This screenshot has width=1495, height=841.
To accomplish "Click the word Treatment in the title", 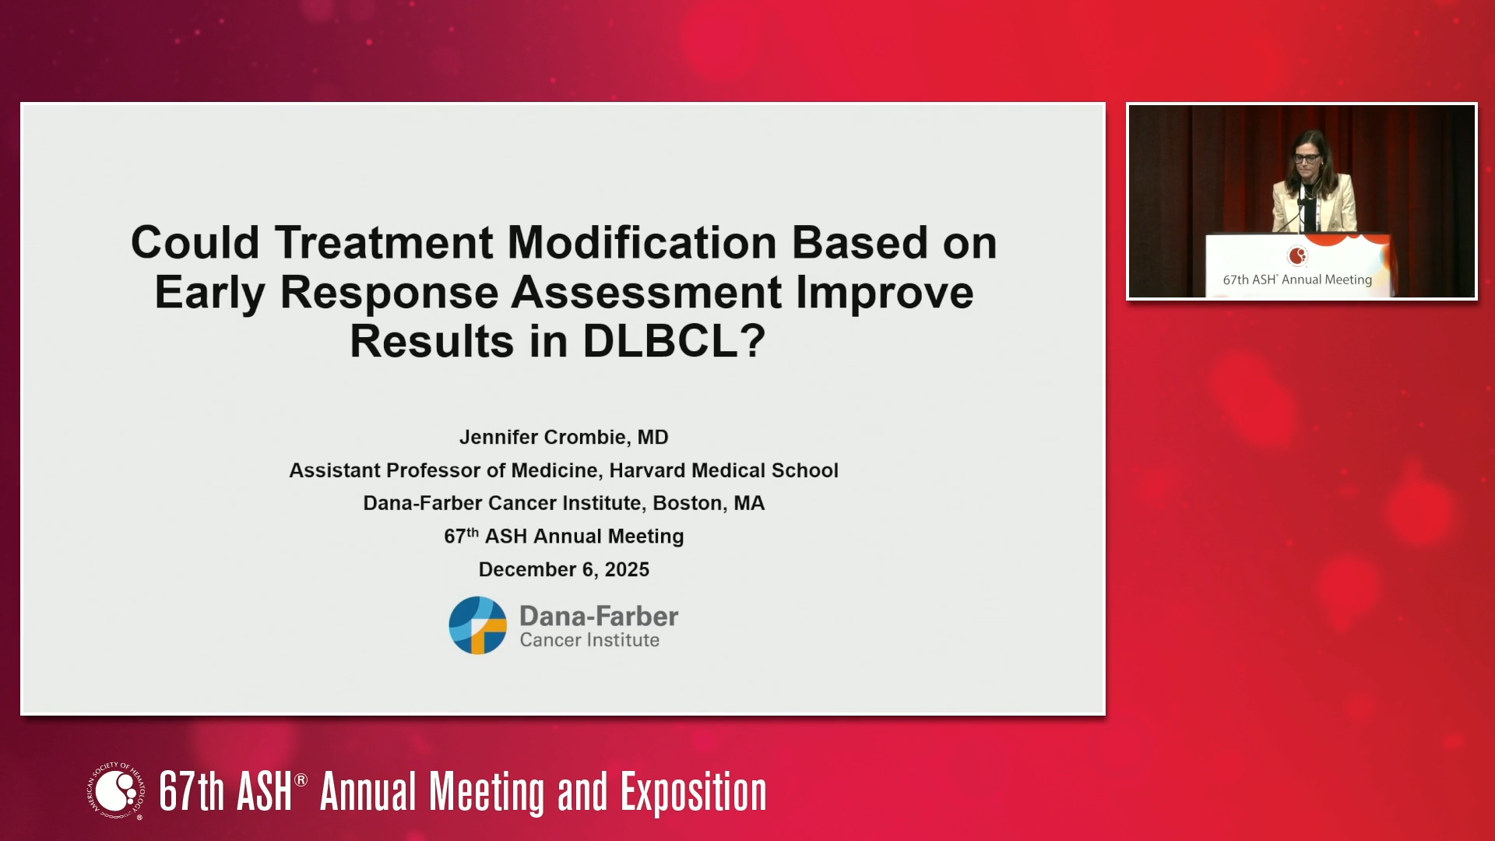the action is point(383,242).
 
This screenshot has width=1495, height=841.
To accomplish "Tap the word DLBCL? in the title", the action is point(674,341).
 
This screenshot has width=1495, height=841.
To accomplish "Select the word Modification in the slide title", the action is point(642,242).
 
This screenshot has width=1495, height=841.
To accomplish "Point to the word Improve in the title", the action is point(885,294).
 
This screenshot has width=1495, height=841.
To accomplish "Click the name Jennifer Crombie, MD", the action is point(564,437).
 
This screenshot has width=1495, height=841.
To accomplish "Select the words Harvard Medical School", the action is point(724,470).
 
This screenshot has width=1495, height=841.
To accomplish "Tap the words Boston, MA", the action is point(709,503).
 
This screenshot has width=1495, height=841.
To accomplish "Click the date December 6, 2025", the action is point(564,569).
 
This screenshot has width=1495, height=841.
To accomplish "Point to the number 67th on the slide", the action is point(461,536).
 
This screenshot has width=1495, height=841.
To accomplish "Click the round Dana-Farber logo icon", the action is point(477,625).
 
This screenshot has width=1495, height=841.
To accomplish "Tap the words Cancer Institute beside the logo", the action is point(589,640).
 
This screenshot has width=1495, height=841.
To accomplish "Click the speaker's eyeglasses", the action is point(1307,158).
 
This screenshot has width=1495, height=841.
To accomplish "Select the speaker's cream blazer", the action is point(1314,204).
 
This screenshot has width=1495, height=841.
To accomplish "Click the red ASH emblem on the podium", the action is point(1297,255).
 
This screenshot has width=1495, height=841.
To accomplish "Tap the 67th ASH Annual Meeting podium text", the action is point(1297,280).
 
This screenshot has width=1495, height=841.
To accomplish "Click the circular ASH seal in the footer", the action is point(116,791).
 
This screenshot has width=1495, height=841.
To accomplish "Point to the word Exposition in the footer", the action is point(694,793).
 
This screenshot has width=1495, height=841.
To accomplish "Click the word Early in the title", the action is point(210,294).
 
